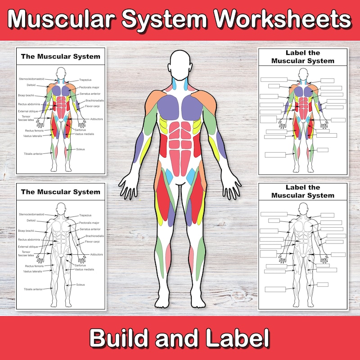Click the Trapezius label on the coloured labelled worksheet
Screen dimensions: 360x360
click(x=85, y=80)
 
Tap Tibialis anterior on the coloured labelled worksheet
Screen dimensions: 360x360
click(x=33, y=153)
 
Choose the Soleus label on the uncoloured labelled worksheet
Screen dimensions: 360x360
click(x=81, y=284)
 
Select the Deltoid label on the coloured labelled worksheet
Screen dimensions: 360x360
click(x=31, y=85)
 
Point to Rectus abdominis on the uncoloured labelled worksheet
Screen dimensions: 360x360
click(x=29, y=239)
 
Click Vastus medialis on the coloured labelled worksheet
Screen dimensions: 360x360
click(x=85, y=134)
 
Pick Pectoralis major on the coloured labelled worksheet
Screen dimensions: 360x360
click(x=89, y=87)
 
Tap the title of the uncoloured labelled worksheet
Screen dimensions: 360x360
click(x=61, y=192)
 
